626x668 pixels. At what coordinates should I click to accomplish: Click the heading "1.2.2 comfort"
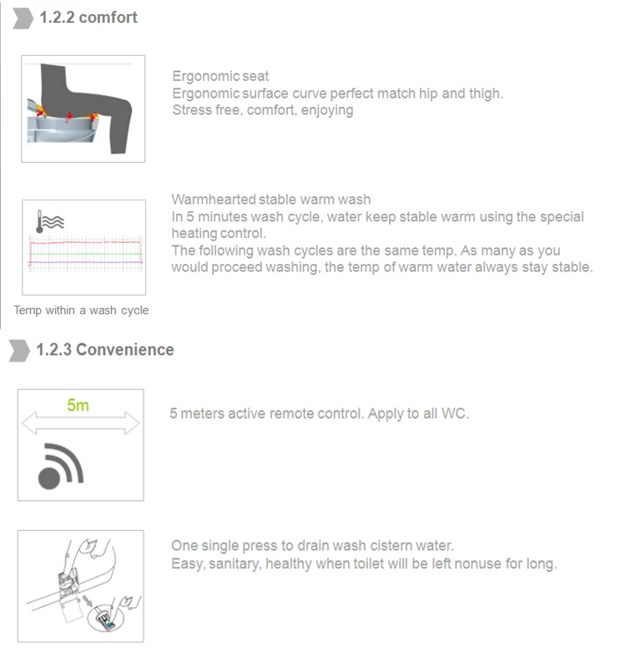point(88,18)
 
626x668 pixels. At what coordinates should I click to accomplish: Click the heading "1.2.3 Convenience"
point(104,350)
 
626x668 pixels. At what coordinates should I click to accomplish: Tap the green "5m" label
point(78,405)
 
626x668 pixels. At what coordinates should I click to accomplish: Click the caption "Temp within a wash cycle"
point(81,311)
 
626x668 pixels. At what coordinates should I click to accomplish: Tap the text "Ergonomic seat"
point(220,77)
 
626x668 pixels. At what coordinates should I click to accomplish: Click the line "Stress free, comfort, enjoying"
point(262,110)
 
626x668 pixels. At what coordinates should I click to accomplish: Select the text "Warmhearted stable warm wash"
point(271,200)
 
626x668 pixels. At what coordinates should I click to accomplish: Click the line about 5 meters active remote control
point(319,413)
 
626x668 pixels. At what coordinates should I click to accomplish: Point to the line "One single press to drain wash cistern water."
point(312,546)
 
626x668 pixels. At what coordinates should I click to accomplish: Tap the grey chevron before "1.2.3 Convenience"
point(19,351)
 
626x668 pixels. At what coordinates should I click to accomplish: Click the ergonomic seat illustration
point(83,109)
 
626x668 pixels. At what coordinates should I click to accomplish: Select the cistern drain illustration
point(80,585)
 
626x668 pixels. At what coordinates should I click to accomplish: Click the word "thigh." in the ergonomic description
point(485,94)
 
